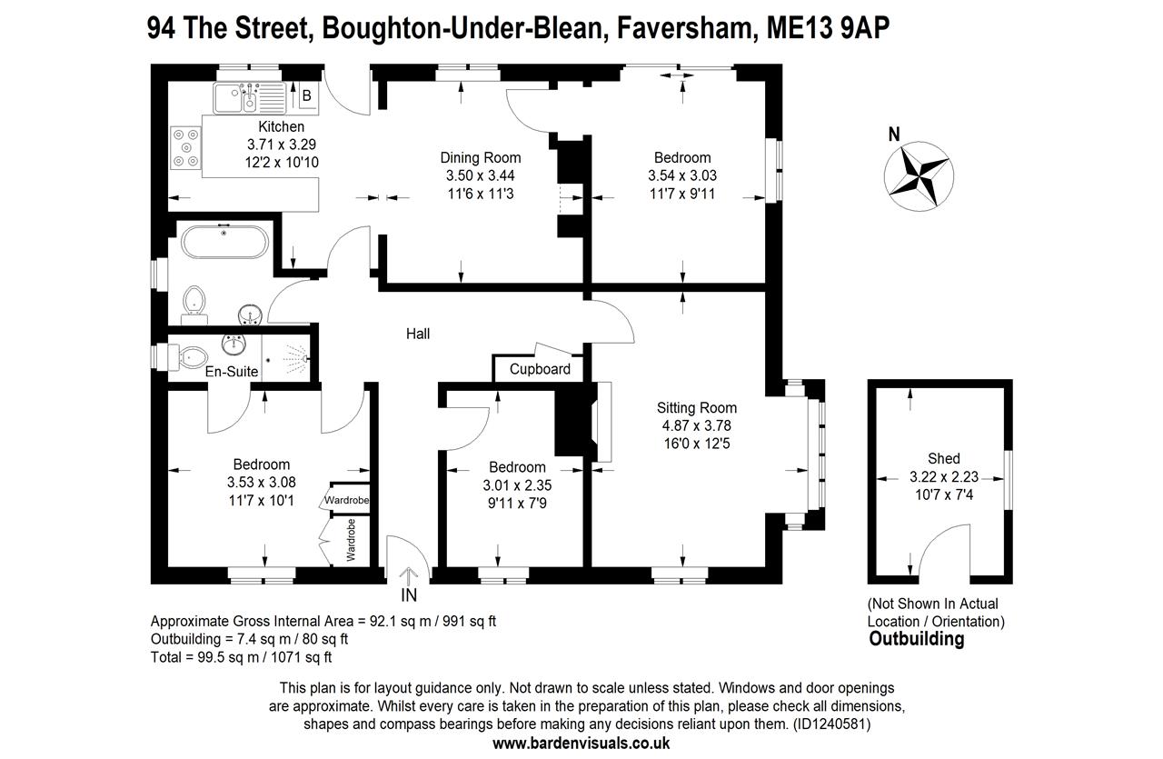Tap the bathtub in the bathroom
click(224, 244)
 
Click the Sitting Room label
click(697, 408)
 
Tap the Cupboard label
click(540, 369)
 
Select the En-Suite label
click(232, 372)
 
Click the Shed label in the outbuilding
click(943, 458)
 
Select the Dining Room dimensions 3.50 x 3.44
click(481, 175)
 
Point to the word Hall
click(418, 335)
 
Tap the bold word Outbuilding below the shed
click(916, 639)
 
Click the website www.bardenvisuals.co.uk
click(581, 743)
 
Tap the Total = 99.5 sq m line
click(241, 655)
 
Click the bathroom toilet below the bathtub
click(194, 303)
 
